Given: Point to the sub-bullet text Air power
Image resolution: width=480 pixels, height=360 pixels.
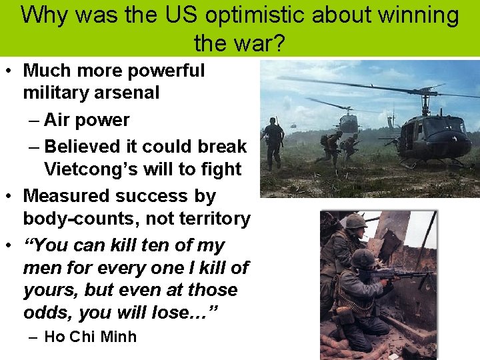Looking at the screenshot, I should coord(87,120).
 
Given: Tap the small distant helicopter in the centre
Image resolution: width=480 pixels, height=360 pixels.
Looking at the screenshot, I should coord(347,122).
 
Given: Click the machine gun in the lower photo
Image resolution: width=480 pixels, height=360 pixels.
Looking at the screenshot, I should coord(393,273).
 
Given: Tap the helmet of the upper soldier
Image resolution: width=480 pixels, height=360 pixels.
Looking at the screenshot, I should coord(356,221).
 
